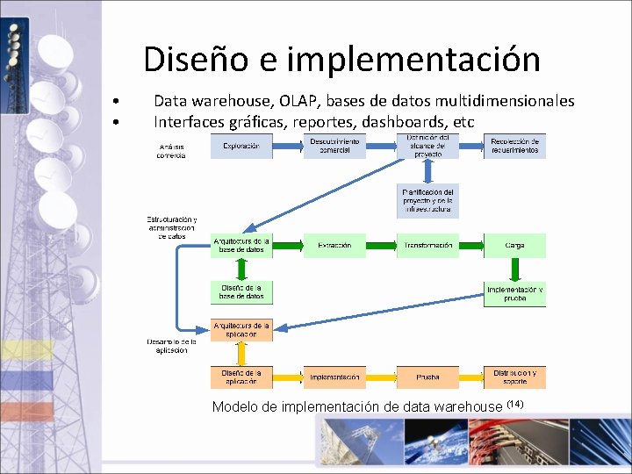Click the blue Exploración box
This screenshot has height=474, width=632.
241,146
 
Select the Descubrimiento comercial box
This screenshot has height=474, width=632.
334,146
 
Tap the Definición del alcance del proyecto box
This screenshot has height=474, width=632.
427,146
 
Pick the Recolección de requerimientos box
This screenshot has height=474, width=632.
514,146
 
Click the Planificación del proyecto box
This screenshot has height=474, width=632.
427,201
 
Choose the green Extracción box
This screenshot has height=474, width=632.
334,246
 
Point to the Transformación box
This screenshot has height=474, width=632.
427,246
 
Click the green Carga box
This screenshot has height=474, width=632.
514,246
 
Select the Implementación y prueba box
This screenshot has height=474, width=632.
514,293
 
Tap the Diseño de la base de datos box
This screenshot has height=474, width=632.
241,292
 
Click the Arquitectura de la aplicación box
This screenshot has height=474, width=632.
241,329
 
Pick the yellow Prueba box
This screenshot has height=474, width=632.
427,377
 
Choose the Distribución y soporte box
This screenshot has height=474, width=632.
514,377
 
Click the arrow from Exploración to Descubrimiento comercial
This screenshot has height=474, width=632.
288,146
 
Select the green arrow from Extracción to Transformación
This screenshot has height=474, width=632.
381,246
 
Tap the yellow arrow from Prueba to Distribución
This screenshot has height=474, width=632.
471,377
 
